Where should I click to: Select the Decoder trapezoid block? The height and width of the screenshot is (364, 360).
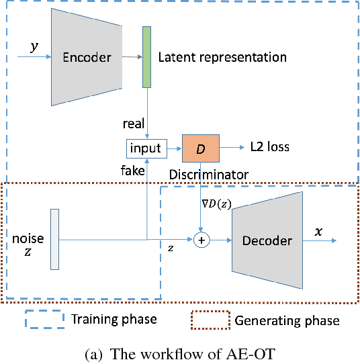click(267, 240)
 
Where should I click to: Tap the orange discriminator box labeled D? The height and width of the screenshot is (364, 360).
click(199, 147)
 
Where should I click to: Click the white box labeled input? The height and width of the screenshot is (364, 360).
click(146, 148)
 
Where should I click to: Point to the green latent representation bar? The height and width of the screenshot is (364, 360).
click(146, 58)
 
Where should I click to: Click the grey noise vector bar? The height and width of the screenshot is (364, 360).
click(54, 240)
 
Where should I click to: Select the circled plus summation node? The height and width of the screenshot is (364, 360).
click(200, 239)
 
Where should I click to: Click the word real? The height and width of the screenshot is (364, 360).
click(134, 124)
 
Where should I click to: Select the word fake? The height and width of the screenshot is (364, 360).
click(133, 171)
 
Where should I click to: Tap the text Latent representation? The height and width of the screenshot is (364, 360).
click(222, 58)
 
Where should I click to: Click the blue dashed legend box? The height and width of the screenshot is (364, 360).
click(44, 318)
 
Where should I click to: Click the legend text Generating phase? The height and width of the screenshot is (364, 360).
click(287, 320)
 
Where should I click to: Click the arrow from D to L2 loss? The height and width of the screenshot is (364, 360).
click(232, 146)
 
